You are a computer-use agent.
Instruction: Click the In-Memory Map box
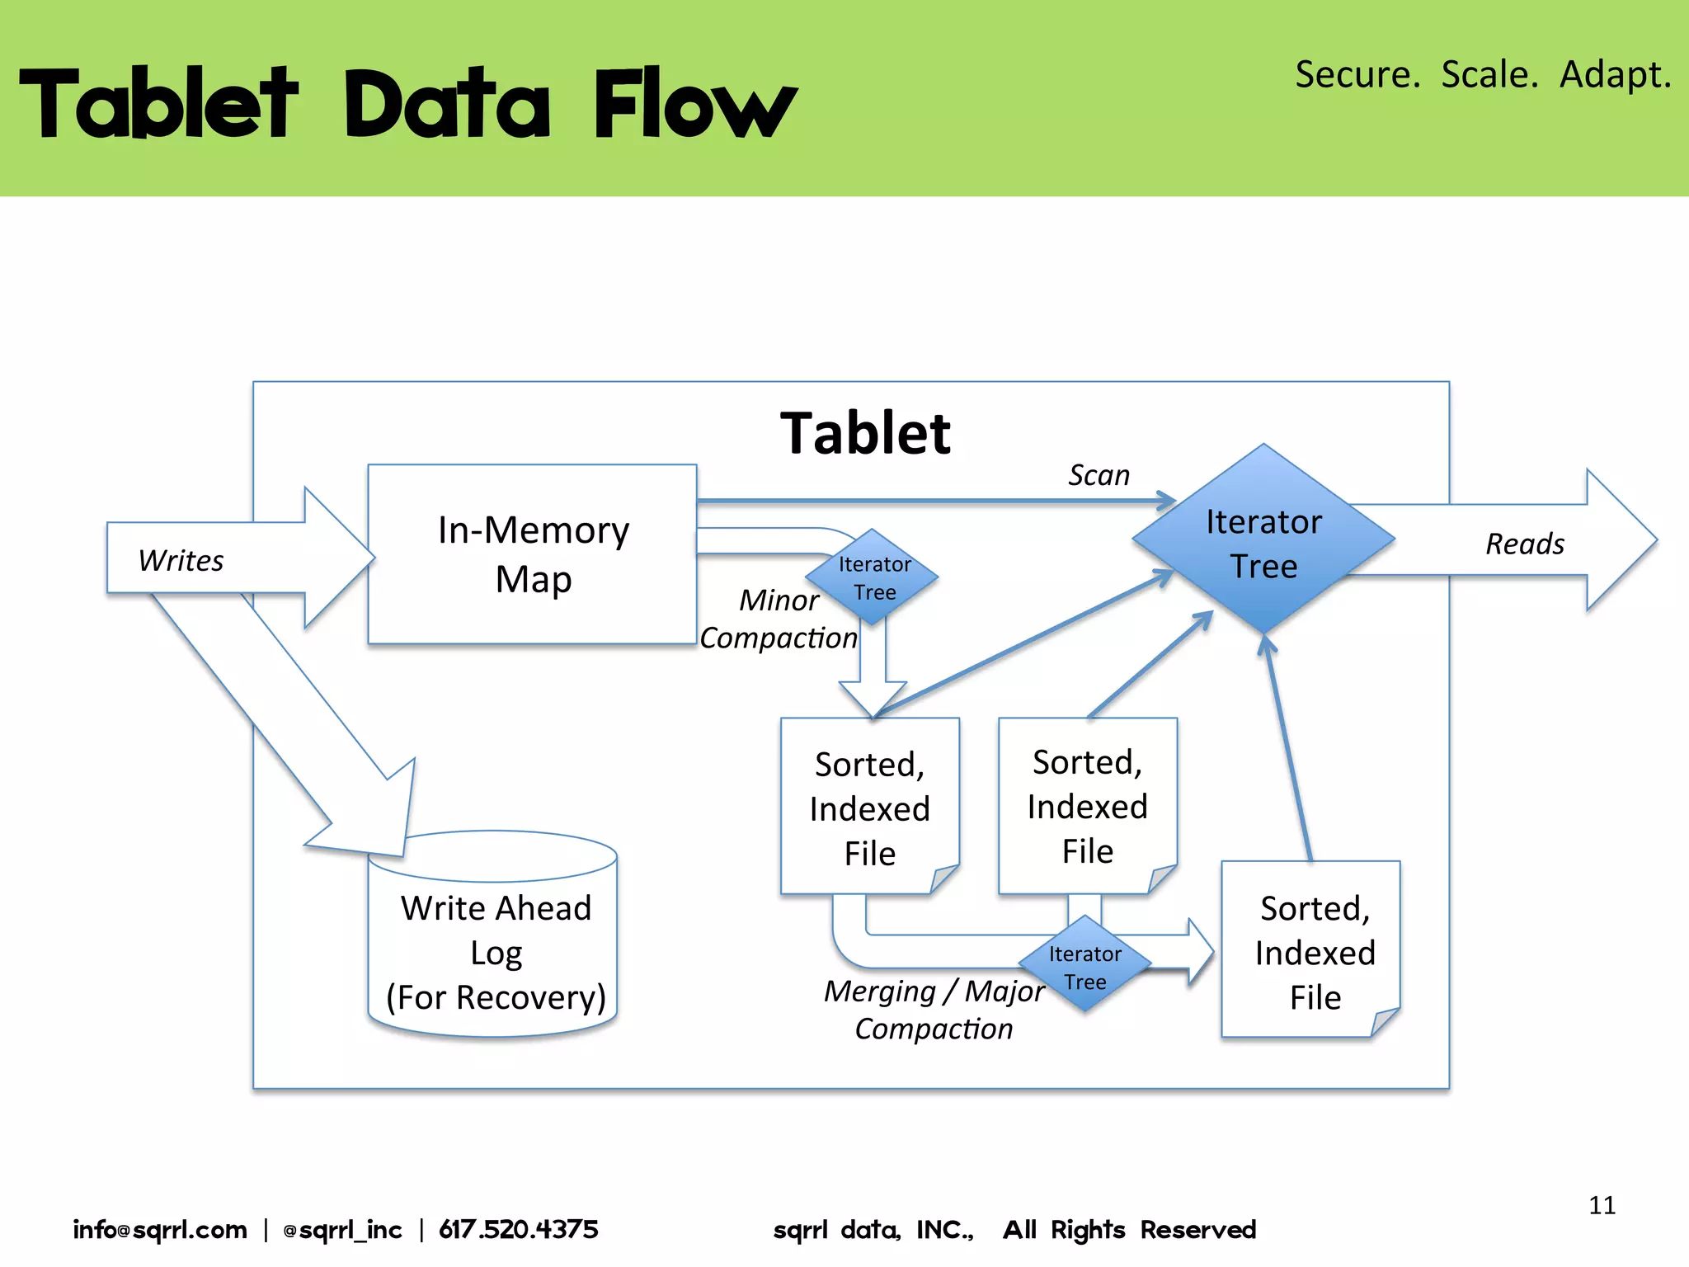(533, 554)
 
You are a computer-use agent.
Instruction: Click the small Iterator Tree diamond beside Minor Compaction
(873, 577)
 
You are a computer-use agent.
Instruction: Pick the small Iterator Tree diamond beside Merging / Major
(1084, 966)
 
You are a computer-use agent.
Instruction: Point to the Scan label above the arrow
(1099, 475)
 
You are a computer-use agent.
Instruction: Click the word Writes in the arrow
(181, 561)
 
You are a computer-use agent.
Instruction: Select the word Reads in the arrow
(1524, 544)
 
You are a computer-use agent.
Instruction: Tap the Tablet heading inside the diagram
(865, 433)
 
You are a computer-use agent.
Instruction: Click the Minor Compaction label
(778, 619)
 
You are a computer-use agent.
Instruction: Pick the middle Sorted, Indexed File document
(1087, 806)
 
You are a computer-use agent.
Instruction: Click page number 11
(1602, 1205)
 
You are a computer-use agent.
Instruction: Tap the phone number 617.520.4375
(518, 1229)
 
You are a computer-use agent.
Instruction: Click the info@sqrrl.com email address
(160, 1229)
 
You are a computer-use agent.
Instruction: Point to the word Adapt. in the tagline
(1615, 74)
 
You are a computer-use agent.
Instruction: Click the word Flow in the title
(694, 104)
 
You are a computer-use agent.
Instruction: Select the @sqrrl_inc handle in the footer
(342, 1230)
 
